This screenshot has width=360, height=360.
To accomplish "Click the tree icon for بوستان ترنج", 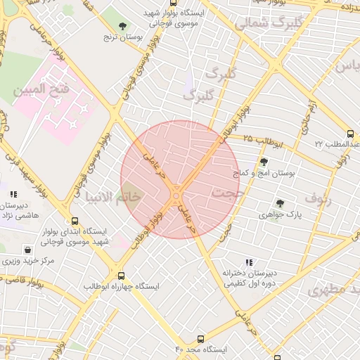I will click(123, 26).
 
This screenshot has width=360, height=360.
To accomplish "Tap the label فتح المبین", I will click(39, 89).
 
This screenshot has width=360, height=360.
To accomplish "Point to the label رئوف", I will click(319, 198).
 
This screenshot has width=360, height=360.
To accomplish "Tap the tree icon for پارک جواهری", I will click(280, 203).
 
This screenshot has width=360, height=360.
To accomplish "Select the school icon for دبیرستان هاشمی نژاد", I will click(13, 194).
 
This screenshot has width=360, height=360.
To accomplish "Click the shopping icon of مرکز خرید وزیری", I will click(27, 250).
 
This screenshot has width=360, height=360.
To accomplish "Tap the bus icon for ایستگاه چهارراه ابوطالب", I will click(122, 276).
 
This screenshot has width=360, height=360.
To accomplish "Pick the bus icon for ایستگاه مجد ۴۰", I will click(201, 339).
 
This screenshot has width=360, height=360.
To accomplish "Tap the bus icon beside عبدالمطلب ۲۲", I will click(350, 134).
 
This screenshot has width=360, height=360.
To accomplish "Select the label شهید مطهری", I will click(329, 288).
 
